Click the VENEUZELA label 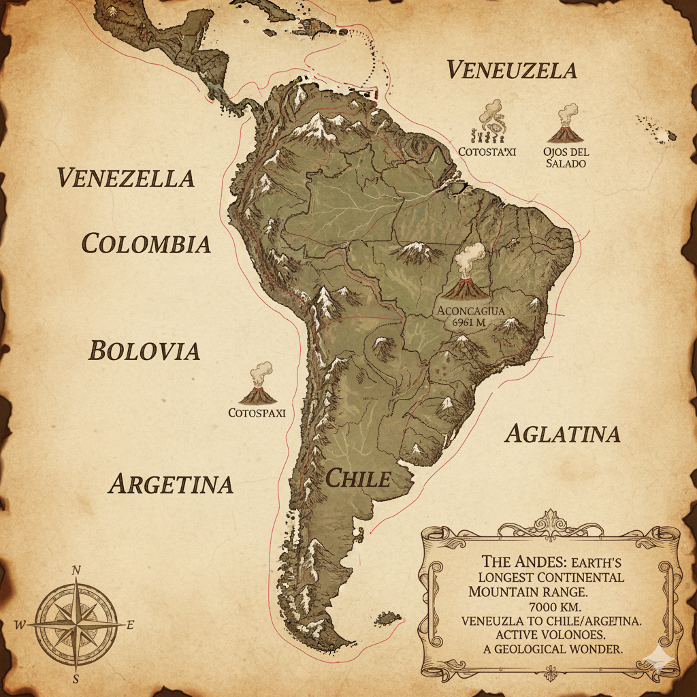pos(512,70)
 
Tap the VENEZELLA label pos(126,178)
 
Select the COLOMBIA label pos(146,243)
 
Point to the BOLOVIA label pos(144,351)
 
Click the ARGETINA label pos(171,484)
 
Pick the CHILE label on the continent pos(358,479)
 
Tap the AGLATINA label pos(562,434)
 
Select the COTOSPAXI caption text pos(257,412)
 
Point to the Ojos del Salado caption pos(566,157)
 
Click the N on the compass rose pos(76,570)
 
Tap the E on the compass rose pos(130,625)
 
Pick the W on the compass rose pos(20,625)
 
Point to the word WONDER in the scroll pos(594,649)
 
